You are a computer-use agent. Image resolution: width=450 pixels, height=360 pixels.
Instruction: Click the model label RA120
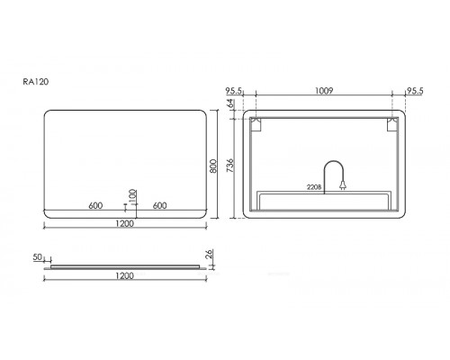coord(36,82)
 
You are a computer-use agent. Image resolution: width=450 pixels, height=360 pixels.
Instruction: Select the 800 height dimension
coord(213,166)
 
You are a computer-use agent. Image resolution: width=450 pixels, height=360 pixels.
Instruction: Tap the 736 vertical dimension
coord(230,166)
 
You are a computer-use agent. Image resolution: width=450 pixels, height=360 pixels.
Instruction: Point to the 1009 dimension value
coord(324,90)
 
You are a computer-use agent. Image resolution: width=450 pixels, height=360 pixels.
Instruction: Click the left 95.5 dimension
coord(234,91)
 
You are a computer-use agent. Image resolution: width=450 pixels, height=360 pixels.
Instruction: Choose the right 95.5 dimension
coord(415,91)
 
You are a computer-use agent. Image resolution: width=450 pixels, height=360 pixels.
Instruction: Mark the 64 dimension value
coord(230,103)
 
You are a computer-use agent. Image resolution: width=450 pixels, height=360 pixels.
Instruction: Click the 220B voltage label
coord(314,187)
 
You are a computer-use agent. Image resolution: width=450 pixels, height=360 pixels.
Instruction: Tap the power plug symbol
coord(343,186)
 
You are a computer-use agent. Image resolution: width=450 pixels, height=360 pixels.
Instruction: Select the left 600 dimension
coord(95,205)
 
